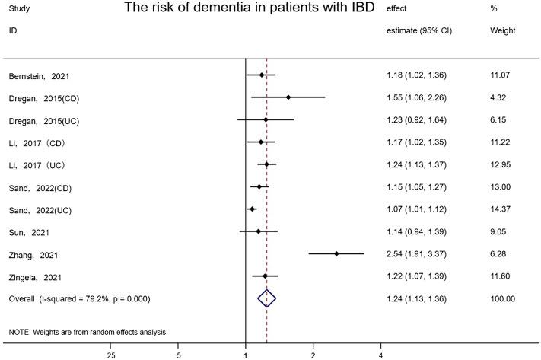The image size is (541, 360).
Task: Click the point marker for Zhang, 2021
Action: pos(336,254)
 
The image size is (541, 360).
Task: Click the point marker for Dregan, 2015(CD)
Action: pos(288,97)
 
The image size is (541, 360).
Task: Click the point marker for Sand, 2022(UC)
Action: pos(252,209)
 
